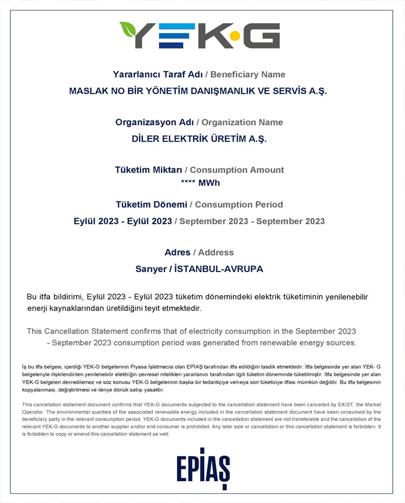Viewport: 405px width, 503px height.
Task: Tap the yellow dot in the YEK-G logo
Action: click(235, 36)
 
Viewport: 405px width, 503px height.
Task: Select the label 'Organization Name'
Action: click(242, 123)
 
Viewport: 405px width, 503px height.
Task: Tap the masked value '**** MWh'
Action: click(200, 183)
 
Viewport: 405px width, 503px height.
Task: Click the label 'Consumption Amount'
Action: click(237, 170)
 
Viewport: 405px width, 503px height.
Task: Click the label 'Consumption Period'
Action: click(239, 205)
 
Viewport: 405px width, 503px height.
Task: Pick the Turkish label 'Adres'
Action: click(177, 252)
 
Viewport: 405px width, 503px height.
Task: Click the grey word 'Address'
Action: click(215, 252)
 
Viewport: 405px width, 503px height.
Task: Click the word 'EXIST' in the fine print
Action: click(344, 404)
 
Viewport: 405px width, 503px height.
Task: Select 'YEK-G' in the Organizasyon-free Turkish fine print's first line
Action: click(86, 366)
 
